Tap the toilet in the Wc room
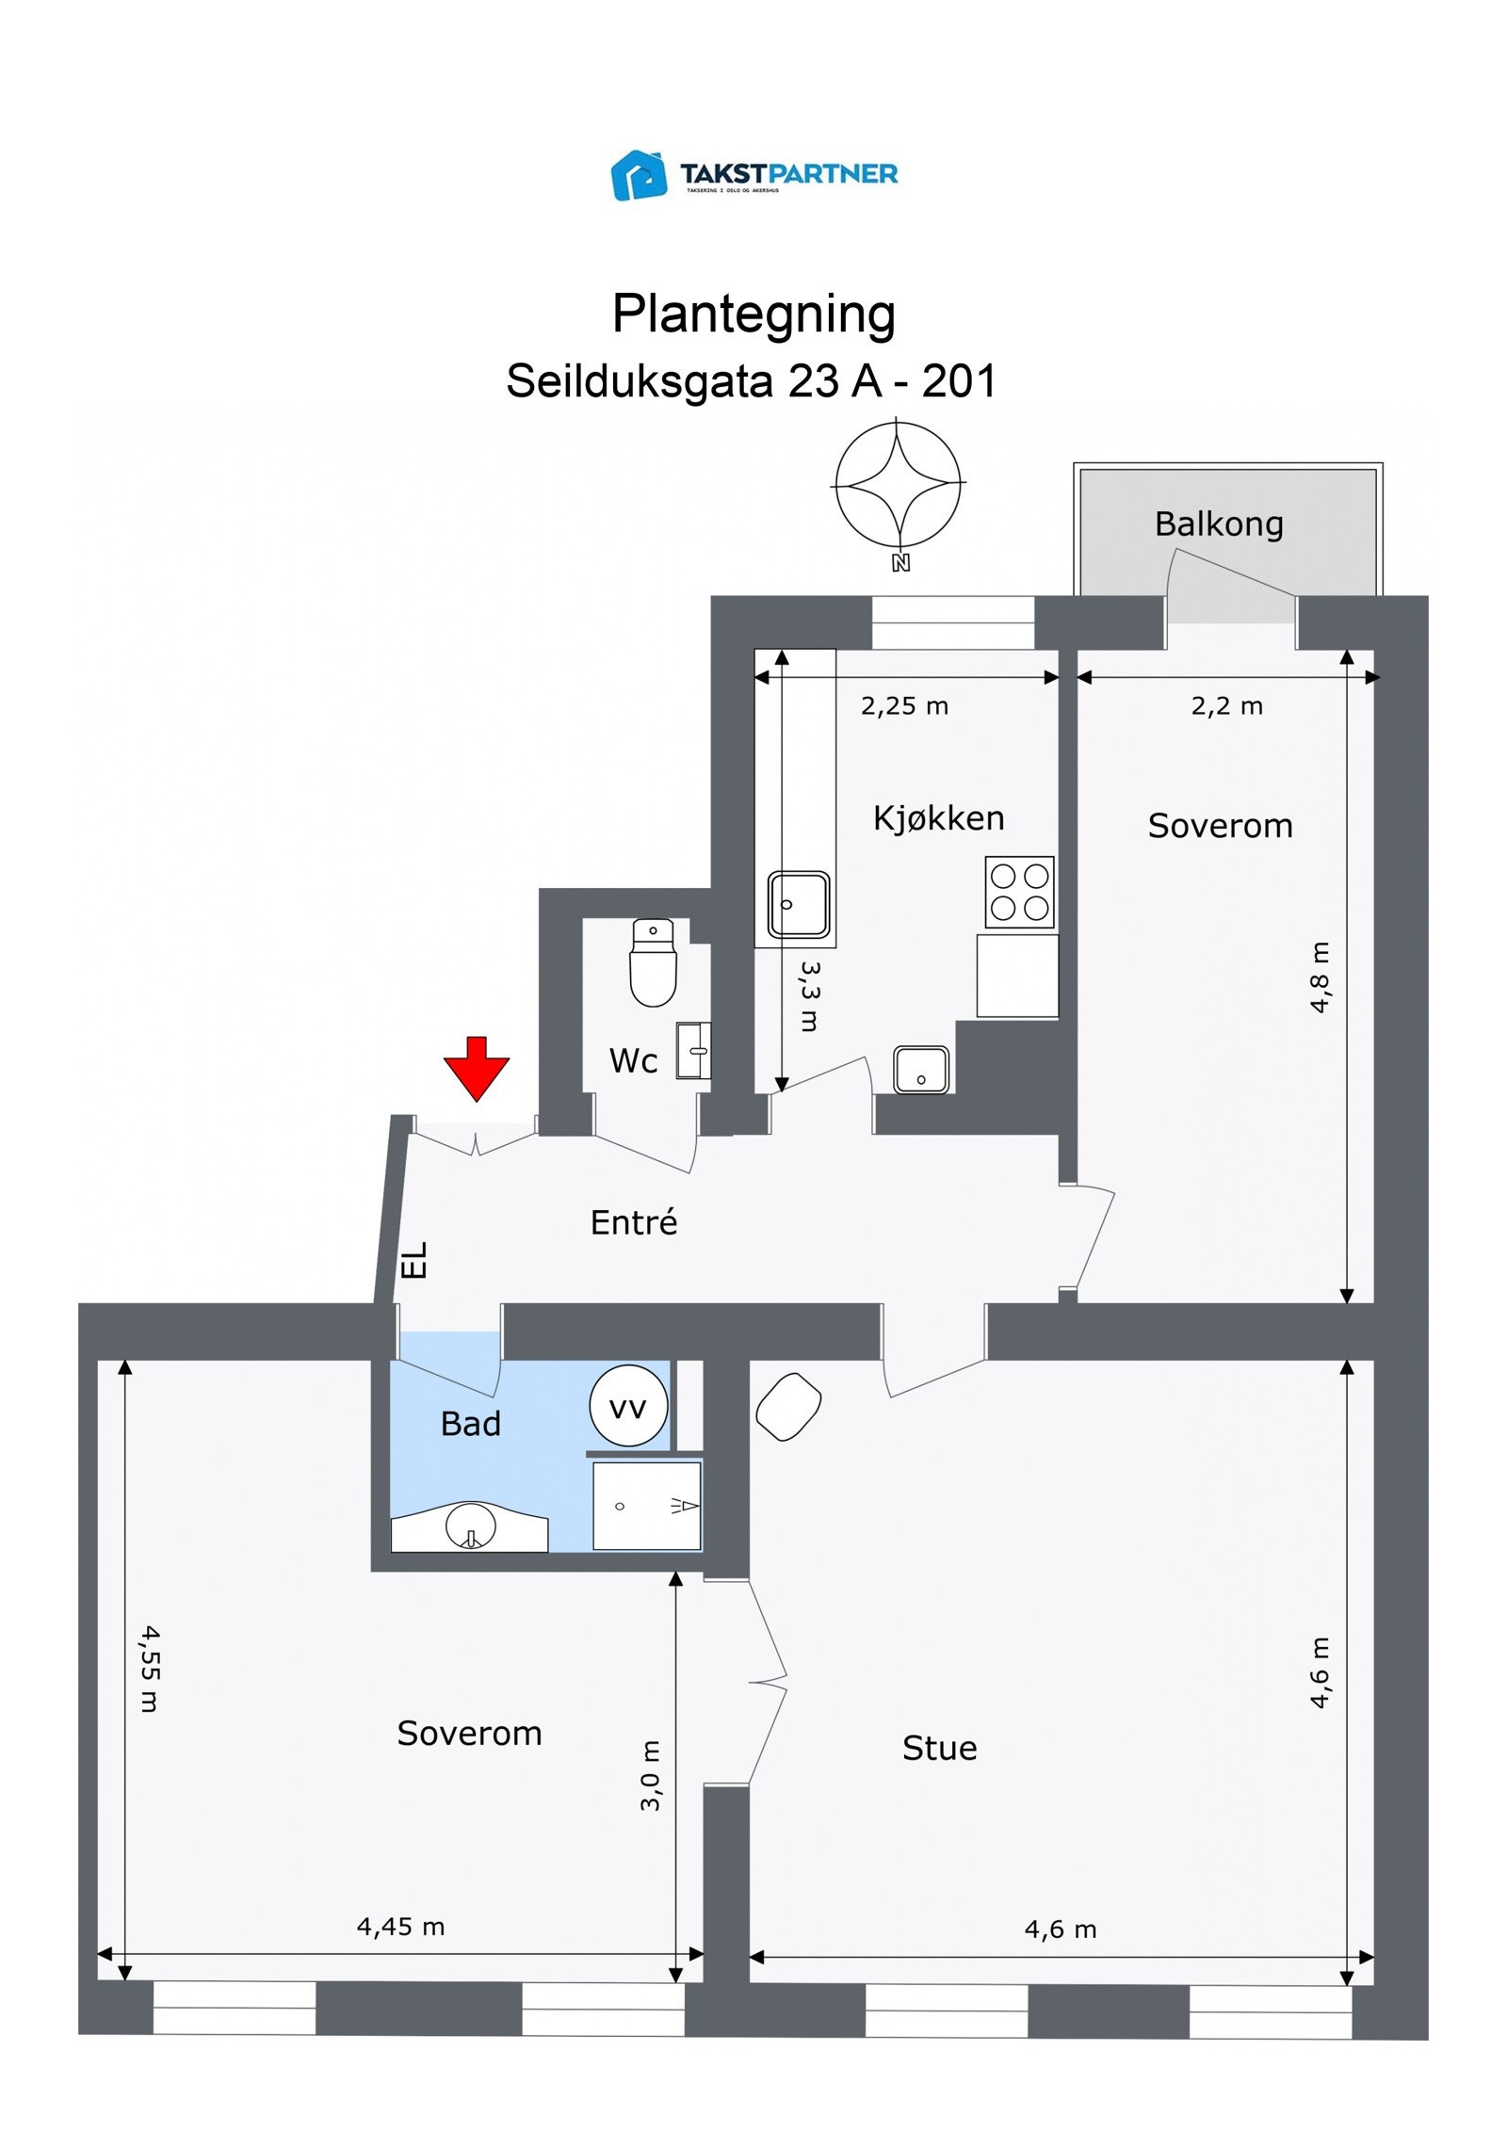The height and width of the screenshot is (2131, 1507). [x=653, y=962]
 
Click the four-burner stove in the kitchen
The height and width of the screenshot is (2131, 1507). [x=1019, y=892]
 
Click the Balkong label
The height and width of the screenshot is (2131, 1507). [x=1219, y=524]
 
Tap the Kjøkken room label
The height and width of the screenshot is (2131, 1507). [x=938, y=817]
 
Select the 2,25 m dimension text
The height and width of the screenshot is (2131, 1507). [x=904, y=706]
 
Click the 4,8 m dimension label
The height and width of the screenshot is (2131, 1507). [x=1320, y=977]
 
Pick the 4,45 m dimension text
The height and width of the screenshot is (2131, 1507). [x=400, y=1927]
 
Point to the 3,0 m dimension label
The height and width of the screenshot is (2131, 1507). [x=651, y=1775]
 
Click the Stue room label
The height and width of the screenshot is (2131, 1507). [x=939, y=1748]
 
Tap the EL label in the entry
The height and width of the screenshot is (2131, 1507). [x=414, y=1260]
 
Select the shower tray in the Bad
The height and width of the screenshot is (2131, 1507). [x=646, y=1505]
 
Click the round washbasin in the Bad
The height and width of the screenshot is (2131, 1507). [x=470, y=1525]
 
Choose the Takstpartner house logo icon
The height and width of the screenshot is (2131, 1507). [x=640, y=175]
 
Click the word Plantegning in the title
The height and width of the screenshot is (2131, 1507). [x=753, y=314]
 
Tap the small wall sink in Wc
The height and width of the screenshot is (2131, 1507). [x=694, y=1050]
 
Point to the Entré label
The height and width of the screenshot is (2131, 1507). [x=634, y=1222]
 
